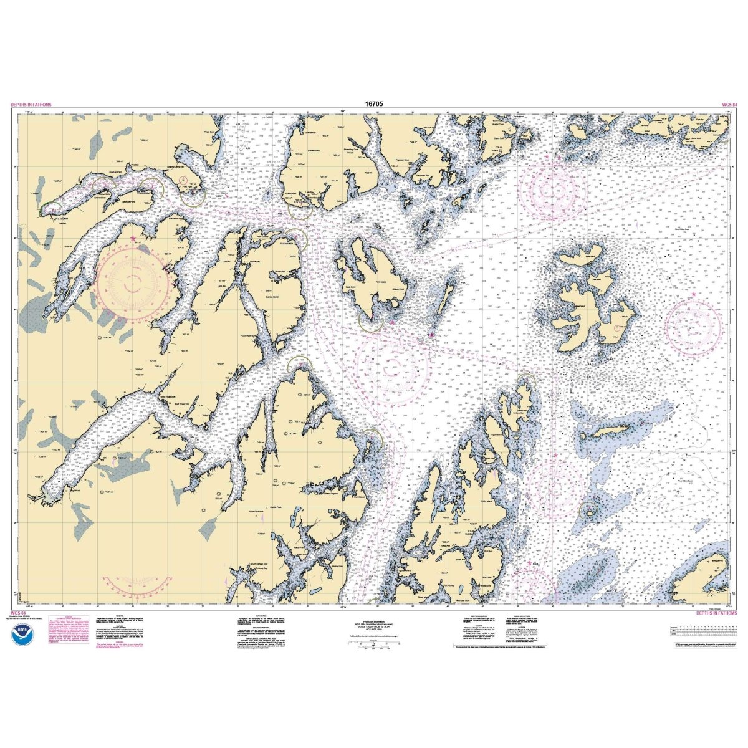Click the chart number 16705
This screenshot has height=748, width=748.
pos(373,105)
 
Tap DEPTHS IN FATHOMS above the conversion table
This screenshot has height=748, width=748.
pos(716,613)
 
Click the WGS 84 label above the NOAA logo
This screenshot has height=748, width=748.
pos(19,613)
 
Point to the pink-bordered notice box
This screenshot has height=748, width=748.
pos(66,635)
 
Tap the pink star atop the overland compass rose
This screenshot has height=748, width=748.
pos(132,238)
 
